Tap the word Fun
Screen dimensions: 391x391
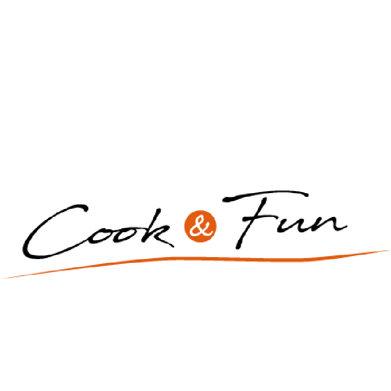[284, 220]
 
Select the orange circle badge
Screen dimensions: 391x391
[201, 226]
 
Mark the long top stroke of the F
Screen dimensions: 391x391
[266, 194]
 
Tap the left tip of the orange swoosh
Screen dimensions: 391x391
[2, 278]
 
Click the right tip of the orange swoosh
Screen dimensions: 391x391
[389, 250]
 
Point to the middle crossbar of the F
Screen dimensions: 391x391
[259, 217]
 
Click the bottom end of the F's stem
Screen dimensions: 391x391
[238, 247]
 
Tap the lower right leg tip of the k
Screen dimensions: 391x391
[173, 247]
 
